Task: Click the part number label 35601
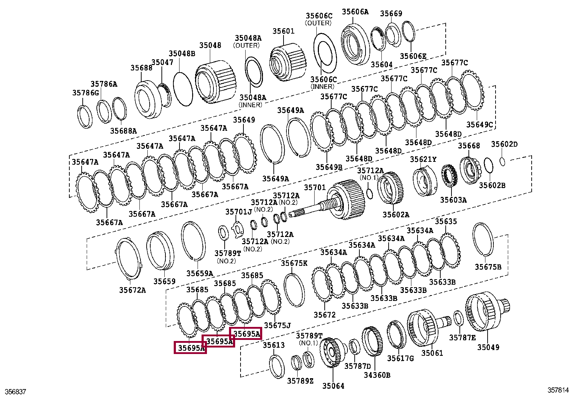284,31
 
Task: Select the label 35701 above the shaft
315,187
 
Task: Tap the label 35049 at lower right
488,347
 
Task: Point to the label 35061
432,353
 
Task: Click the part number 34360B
377,375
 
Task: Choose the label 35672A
133,290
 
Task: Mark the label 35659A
200,273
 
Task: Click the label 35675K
294,263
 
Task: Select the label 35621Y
423,159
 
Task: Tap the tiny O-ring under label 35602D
503,161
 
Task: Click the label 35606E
413,56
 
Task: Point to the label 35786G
86,93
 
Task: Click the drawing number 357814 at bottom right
558,390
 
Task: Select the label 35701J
238,212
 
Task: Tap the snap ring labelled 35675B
483,239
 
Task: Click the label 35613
273,345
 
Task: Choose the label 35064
333,386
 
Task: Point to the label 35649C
479,125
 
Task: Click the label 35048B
182,53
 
